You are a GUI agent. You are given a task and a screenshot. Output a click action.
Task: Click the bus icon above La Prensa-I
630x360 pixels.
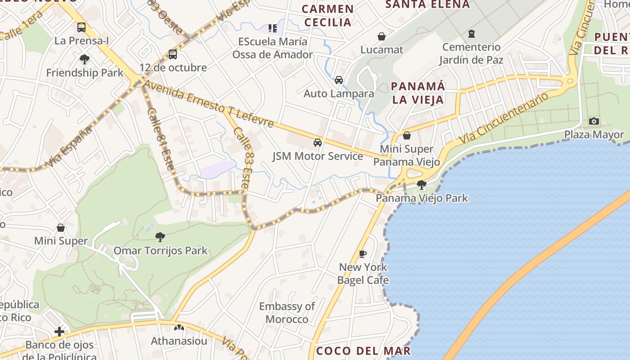81,27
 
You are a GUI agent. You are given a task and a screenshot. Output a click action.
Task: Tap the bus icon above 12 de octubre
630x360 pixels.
173,54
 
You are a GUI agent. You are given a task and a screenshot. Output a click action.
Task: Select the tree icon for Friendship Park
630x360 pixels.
84,59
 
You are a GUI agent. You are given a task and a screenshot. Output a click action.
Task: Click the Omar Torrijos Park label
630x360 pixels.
160,251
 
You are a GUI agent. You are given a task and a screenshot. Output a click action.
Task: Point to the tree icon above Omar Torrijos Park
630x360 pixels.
160,237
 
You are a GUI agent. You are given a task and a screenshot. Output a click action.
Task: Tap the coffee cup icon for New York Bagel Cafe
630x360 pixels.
363,254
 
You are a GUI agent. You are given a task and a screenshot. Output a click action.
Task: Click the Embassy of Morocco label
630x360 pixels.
287,313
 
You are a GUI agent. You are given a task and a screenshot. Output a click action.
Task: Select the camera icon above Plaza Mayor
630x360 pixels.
594,121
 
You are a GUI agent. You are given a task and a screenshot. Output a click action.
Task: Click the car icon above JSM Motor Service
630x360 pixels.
318,143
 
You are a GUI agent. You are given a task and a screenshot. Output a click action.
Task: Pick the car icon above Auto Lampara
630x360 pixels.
339,80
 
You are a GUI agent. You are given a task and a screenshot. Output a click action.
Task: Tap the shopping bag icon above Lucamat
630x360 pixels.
382,36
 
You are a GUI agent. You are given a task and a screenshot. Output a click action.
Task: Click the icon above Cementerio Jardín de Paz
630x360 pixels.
472,33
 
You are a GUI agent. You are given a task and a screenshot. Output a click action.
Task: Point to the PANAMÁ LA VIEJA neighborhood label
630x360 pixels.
418,93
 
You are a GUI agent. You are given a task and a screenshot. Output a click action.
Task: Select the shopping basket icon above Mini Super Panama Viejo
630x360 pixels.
407,135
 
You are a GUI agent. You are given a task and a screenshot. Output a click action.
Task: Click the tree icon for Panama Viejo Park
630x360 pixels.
422,184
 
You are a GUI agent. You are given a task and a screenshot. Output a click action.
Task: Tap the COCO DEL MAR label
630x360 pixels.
363,351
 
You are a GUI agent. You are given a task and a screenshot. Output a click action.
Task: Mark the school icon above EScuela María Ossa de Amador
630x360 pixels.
273,28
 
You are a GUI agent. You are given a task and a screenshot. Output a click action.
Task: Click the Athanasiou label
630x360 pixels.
179,341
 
